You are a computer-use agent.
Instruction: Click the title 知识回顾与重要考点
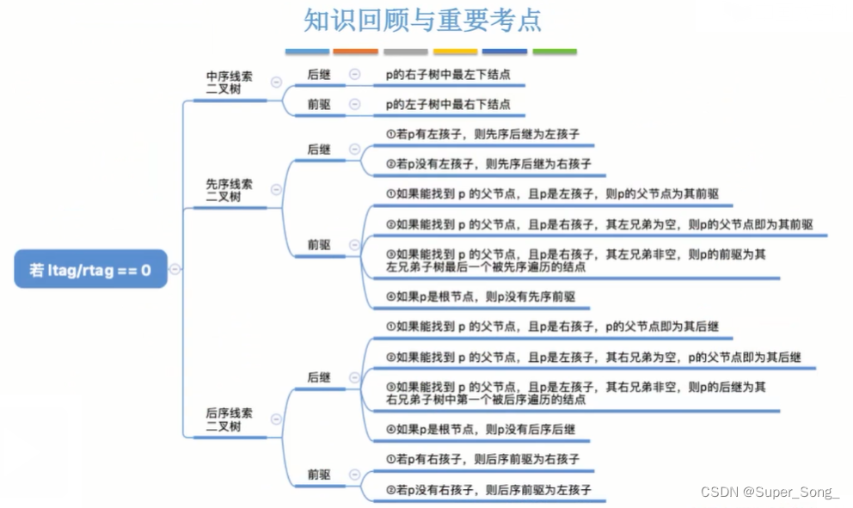pyautogui.click(x=423, y=20)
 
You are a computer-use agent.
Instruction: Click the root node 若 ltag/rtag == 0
pyautogui.click(x=90, y=269)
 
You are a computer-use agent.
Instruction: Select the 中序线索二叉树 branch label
pyautogui.click(x=229, y=83)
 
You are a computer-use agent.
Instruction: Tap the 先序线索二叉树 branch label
pyautogui.click(x=229, y=190)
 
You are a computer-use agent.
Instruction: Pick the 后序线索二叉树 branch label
pyautogui.click(x=229, y=419)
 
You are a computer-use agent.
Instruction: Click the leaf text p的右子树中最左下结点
pyautogui.click(x=447, y=75)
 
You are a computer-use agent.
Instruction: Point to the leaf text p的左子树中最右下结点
pyautogui.click(x=447, y=105)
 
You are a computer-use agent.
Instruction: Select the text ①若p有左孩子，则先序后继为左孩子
pyautogui.click(x=482, y=134)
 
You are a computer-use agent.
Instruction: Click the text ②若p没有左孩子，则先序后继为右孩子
pyautogui.click(x=488, y=163)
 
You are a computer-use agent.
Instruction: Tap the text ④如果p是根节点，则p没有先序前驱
pyautogui.click(x=481, y=297)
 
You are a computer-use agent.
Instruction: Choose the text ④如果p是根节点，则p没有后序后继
pyautogui.click(x=481, y=429)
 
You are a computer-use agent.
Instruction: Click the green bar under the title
pyautogui.click(x=555, y=52)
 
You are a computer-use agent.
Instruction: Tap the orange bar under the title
pyautogui.click(x=355, y=52)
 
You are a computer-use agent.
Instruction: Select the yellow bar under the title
pyautogui.click(x=455, y=52)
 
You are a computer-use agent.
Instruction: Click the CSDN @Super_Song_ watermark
pyautogui.click(x=770, y=492)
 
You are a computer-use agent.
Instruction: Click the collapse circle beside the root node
pyautogui.click(x=175, y=269)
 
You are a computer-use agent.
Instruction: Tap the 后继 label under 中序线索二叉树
pyautogui.click(x=319, y=75)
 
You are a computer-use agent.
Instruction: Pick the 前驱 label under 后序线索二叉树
pyautogui.click(x=319, y=474)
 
